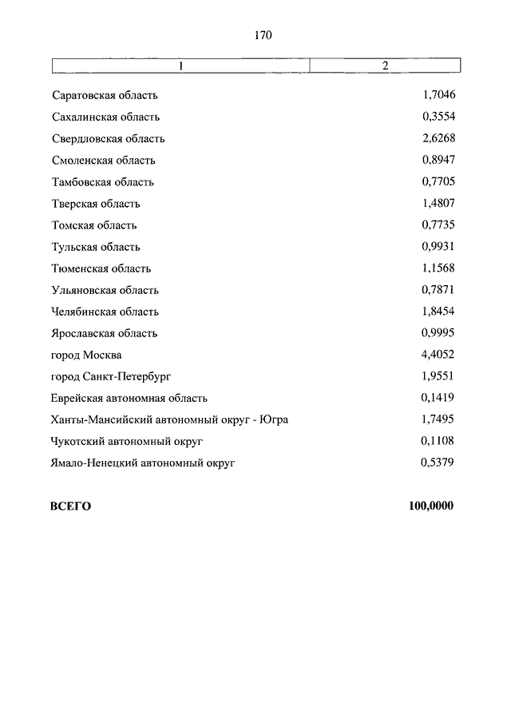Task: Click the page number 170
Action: pos(263,35)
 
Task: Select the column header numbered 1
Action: pos(180,66)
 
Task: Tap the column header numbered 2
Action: pos(385,66)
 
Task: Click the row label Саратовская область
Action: pos(105,96)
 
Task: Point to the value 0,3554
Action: pos(438,117)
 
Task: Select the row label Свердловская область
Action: pos(108,139)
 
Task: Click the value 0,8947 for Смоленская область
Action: pos(438,160)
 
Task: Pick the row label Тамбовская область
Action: pos(102,182)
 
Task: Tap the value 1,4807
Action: pos(438,203)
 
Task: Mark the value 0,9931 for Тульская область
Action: pos(438,246)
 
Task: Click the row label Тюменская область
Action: pos(101,268)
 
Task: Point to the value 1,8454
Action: pos(438,311)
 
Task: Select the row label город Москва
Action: pos(86,355)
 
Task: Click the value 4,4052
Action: pos(438,354)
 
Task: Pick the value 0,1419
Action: pos(438,397)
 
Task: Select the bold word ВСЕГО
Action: pos(71,506)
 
